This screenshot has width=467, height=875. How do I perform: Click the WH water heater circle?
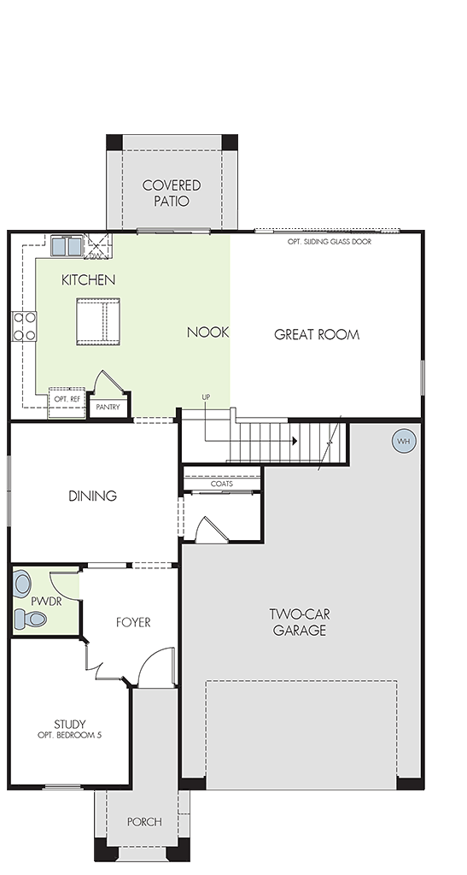(404, 442)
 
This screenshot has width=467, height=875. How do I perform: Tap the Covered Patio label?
(172, 193)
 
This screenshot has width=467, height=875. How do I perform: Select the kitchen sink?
(67, 245)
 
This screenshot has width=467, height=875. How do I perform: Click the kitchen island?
(98, 322)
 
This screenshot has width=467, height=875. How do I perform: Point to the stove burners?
(25, 326)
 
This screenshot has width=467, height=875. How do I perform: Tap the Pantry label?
(108, 408)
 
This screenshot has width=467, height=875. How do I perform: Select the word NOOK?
(207, 332)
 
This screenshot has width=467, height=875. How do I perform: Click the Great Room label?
(317, 335)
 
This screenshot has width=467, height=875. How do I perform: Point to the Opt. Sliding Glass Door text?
(330, 242)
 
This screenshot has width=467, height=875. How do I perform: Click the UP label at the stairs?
(207, 396)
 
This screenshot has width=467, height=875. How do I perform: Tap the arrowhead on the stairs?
(295, 441)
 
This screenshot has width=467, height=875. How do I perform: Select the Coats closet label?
(222, 484)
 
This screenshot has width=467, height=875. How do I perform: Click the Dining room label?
(92, 496)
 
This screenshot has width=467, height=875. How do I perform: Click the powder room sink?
(22, 584)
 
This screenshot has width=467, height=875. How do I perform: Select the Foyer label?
(133, 622)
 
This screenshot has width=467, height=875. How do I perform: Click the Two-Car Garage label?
(300, 623)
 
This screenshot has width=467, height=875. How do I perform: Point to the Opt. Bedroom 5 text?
(70, 736)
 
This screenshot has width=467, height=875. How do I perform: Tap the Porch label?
(144, 822)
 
